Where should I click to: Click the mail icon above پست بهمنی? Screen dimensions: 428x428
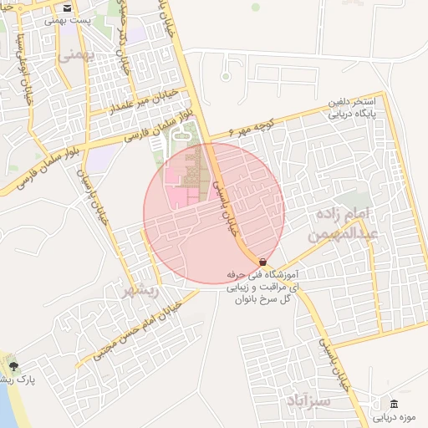(x=67, y=8)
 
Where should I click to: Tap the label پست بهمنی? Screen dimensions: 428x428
(x=67, y=18)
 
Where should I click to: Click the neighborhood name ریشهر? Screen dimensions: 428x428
(x=140, y=292)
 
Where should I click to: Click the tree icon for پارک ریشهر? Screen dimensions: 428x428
(x=12, y=366)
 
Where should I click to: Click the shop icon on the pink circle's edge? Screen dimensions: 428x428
(x=263, y=262)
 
